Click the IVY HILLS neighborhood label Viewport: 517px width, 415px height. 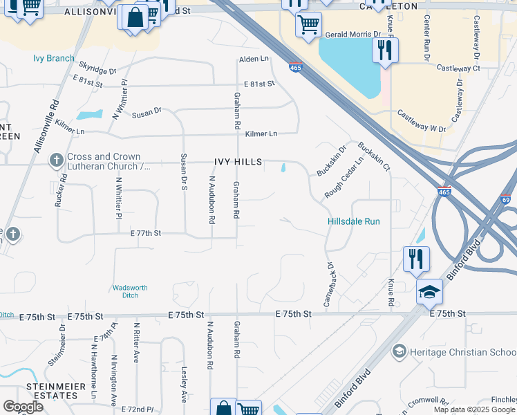click(238, 162)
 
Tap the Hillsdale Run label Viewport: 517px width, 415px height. click(353, 222)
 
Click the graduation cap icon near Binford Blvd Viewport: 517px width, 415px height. click(429, 292)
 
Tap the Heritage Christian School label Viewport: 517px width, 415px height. click(456, 352)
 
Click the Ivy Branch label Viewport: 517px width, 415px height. click(53, 58)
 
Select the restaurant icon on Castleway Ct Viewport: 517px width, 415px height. click(384, 50)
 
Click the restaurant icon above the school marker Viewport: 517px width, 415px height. click(415, 259)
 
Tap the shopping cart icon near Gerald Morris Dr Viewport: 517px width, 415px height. click(308, 24)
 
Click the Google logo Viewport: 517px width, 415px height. click(23, 407)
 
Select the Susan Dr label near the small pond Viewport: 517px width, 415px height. click(147, 111)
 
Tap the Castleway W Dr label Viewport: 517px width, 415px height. click(420, 129)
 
